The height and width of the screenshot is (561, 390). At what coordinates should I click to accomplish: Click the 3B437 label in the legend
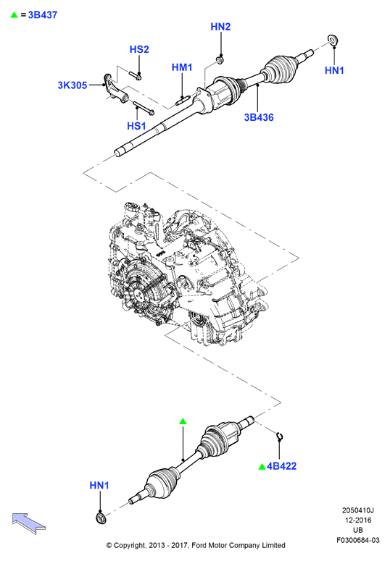tap(43, 15)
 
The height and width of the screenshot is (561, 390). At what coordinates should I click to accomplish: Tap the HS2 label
tap(139, 49)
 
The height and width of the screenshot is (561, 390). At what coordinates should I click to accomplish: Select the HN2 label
tap(220, 27)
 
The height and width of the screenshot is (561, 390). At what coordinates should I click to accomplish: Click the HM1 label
tap(182, 67)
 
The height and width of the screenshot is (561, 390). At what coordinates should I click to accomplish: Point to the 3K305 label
tap(72, 85)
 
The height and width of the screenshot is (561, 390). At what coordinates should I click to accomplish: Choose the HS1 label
tap(136, 126)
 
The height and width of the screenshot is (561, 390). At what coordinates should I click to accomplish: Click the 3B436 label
tap(259, 117)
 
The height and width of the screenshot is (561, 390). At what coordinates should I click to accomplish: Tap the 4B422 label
tap(282, 466)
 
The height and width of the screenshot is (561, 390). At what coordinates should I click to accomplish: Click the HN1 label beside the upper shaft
tap(334, 70)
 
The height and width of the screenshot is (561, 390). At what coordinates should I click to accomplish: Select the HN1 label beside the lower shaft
tap(99, 486)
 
